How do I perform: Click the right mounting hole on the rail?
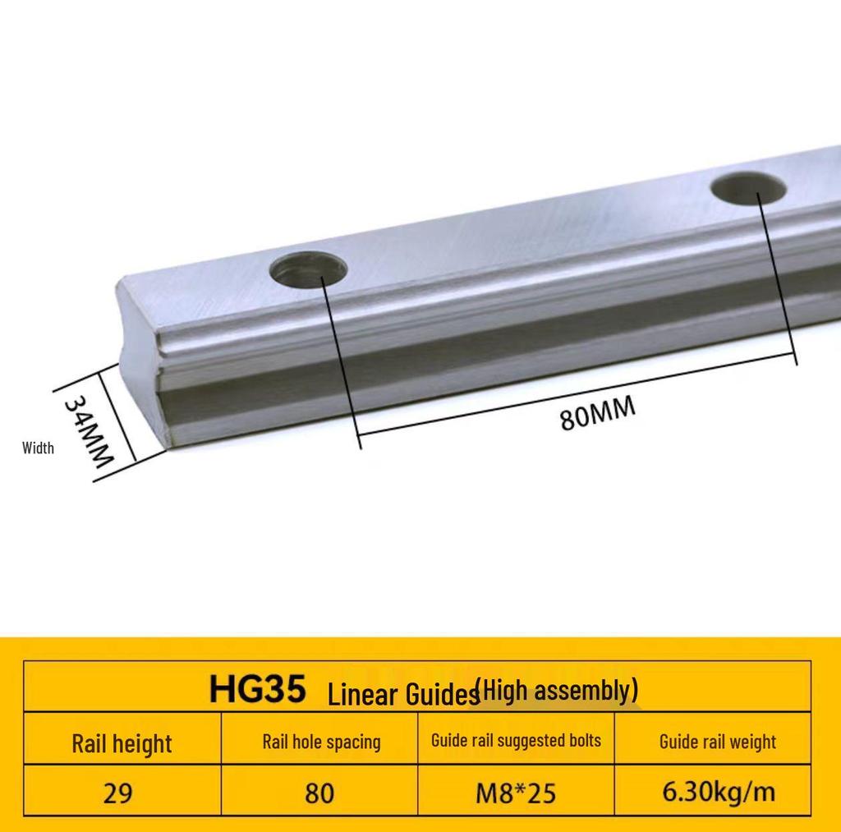749,188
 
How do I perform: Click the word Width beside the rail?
38,448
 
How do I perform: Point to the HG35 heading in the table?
257,689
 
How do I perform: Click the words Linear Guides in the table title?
402,695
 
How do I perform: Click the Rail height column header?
122,744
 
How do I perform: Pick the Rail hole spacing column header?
321,742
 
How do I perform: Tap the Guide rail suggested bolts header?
516,740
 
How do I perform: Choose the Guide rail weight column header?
717,742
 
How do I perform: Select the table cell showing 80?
319,793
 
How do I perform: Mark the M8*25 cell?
516,793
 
